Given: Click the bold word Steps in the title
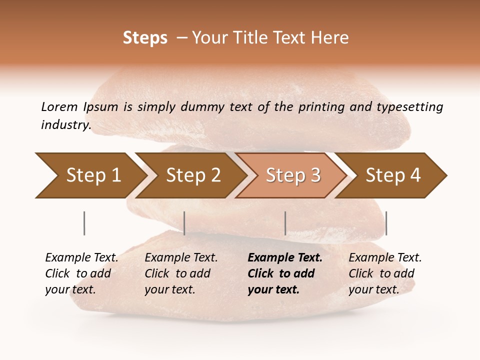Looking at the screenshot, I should tap(145, 38).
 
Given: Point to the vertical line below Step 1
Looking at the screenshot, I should tap(84, 223).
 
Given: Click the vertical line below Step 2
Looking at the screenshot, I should tap(184, 223).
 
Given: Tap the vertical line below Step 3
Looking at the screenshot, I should tap(285, 223).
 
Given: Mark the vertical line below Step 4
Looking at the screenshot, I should tap(386, 223).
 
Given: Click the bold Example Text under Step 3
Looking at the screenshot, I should tap(285, 258).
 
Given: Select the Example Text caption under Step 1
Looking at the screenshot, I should tap(81, 258).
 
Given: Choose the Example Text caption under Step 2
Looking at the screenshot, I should tap(181, 258).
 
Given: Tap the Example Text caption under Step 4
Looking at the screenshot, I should tap(385, 258).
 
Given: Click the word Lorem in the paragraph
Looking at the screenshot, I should tap(59, 106).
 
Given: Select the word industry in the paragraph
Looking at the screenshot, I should tap(65, 125).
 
